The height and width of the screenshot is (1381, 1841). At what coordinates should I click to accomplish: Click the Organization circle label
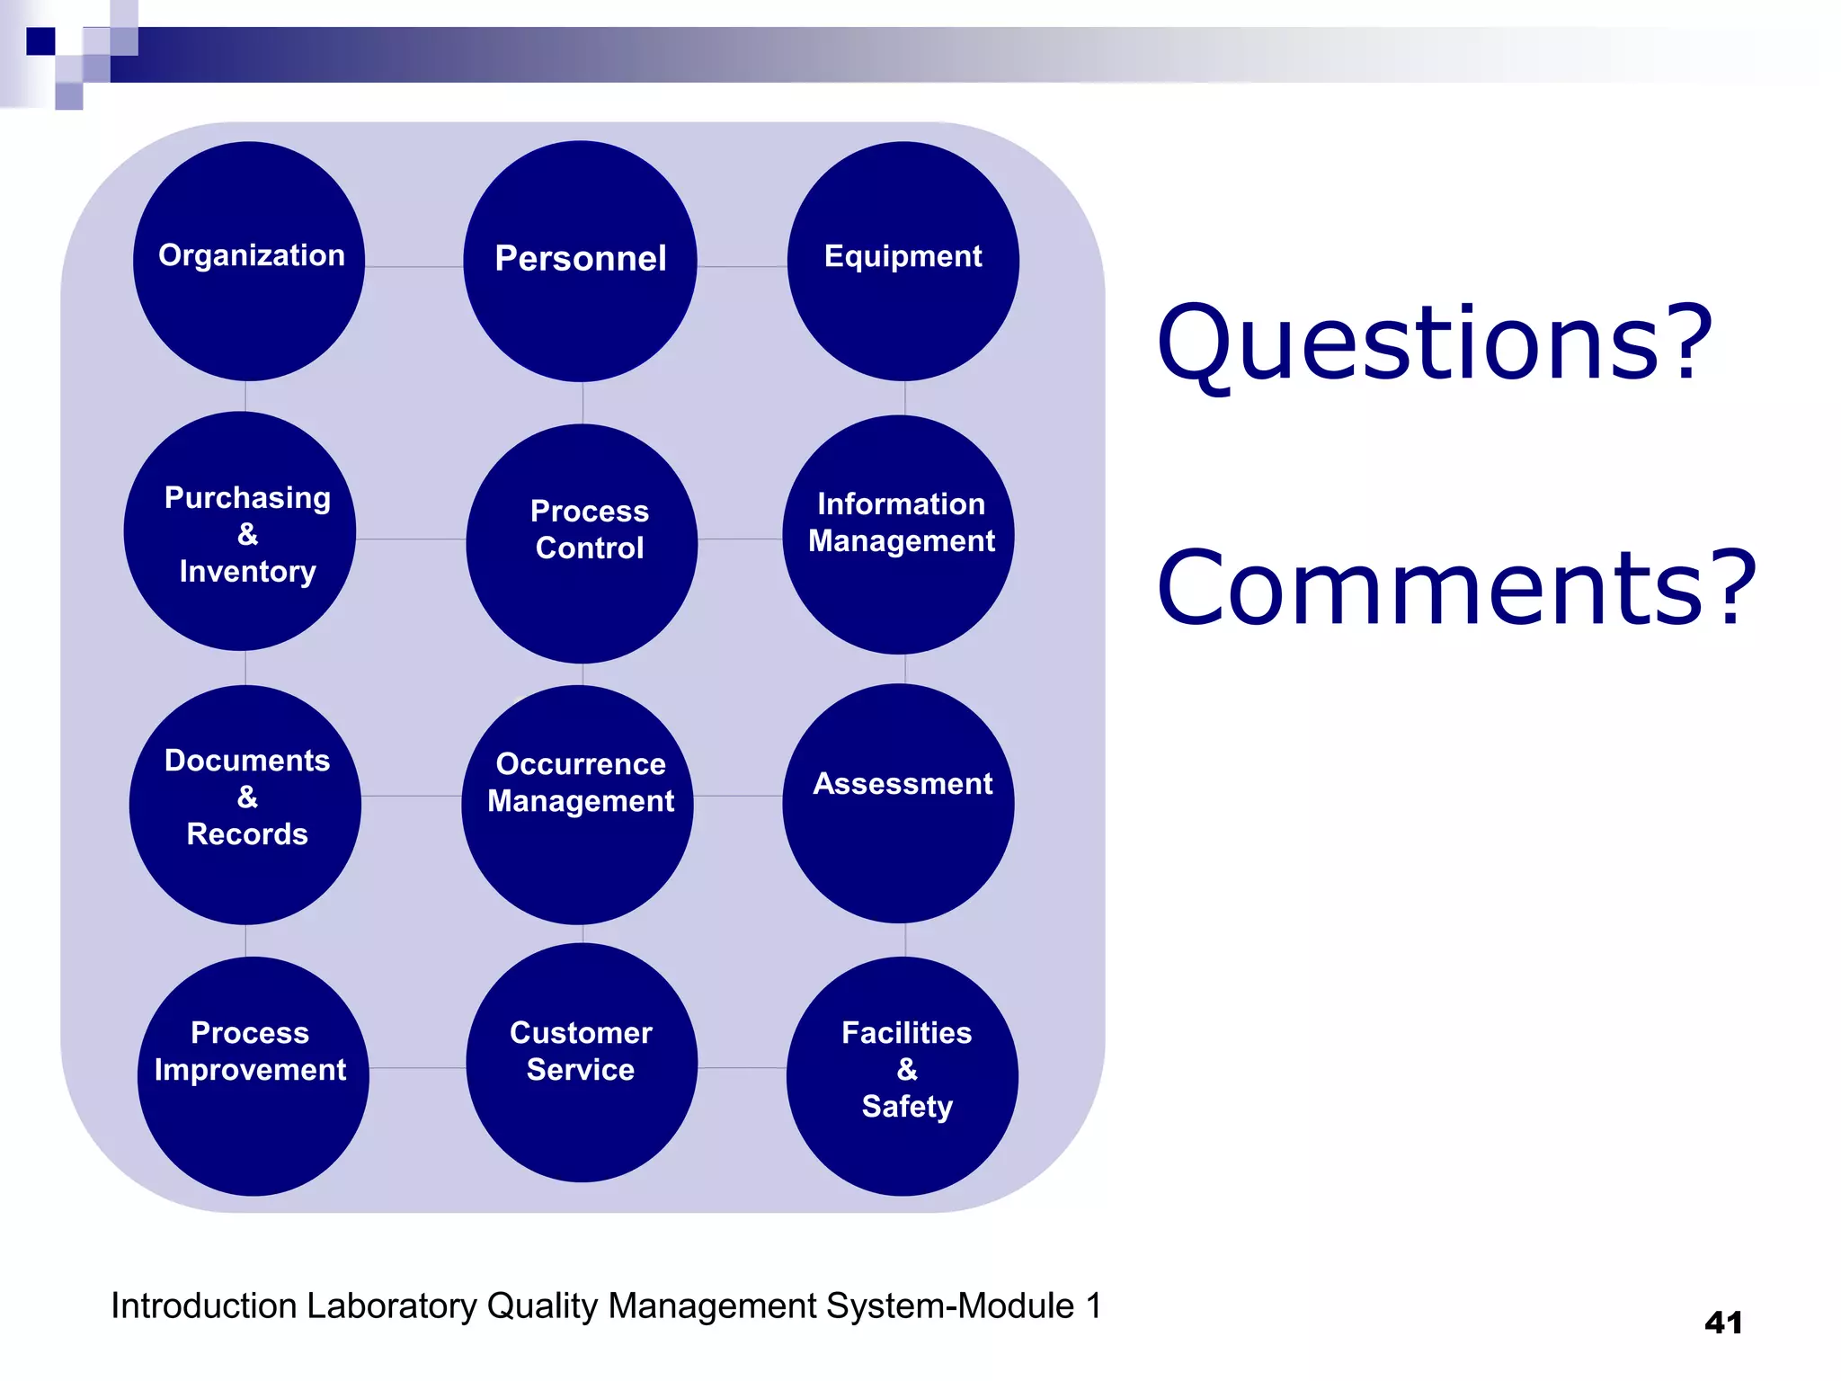click(x=252, y=255)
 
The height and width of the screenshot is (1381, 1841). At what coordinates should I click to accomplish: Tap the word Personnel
click(x=581, y=259)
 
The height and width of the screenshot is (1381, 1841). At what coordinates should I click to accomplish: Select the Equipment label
click(x=903, y=256)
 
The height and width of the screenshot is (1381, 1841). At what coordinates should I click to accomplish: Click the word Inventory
click(x=247, y=572)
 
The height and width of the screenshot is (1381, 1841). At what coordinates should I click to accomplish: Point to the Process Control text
click(x=589, y=530)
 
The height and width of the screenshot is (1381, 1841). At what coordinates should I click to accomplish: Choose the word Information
click(x=901, y=504)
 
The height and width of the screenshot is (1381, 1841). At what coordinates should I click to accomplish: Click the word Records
click(x=247, y=834)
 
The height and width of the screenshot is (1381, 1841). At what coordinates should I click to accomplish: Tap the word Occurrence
click(x=581, y=764)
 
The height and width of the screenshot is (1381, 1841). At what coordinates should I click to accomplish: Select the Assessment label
click(x=903, y=784)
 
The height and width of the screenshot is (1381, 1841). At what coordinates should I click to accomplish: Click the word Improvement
click(x=250, y=1070)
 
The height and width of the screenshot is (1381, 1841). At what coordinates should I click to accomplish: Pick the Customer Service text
click(x=581, y=1051)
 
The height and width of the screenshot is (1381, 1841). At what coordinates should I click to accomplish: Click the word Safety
click(x=906, y=1107)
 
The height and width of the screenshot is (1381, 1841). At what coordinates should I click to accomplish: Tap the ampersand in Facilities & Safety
click(x=906, y=1070)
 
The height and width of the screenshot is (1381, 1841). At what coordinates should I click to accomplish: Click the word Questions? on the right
click(x=1435, y=344)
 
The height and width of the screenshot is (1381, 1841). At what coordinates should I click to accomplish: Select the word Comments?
click(x=1455, y=589)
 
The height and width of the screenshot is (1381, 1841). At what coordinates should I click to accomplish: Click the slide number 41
click(x=1722, y=1323)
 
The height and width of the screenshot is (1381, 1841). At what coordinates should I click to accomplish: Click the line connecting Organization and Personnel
click(x=414, y=267)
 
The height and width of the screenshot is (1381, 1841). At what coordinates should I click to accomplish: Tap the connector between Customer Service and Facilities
click(x=742, y=1068)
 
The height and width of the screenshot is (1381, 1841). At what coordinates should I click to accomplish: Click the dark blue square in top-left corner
click(x=40, y=41)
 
